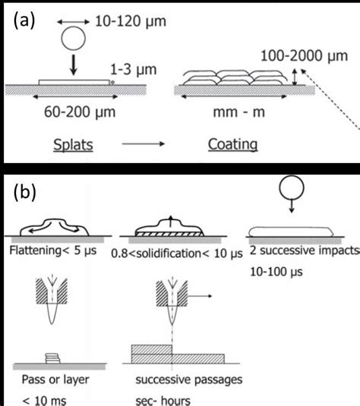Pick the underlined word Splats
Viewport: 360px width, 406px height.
[x=71, y=144]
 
